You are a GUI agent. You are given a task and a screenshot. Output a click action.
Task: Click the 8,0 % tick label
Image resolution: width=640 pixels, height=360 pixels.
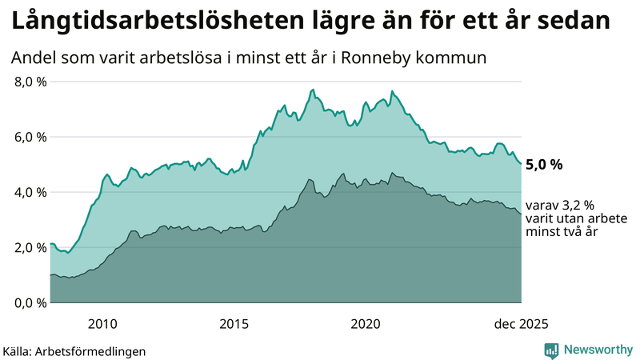pos(30,82)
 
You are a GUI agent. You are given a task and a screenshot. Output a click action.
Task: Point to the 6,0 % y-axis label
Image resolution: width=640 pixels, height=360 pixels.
pos(30,137)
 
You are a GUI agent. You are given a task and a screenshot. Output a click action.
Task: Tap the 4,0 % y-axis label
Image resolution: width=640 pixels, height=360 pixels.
pos(30,192)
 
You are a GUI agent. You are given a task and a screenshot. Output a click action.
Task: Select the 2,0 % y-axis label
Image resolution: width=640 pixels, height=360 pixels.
pos(30,247)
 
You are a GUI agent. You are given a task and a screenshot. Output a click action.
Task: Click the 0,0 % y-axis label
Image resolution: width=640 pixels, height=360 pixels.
pos(30,302)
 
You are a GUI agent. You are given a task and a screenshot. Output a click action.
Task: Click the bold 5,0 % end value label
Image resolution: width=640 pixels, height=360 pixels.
pos(544,165)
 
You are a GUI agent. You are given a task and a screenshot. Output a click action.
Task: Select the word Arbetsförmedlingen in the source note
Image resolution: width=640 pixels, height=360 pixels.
pos(95,351)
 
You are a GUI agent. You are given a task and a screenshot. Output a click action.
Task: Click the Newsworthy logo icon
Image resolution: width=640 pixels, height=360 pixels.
pos(551,350)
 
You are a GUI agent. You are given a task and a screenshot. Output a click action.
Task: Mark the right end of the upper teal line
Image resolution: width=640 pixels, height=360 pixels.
pos(522,164)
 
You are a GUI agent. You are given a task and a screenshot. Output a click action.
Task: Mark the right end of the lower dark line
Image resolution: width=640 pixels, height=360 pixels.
pos(522,214)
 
